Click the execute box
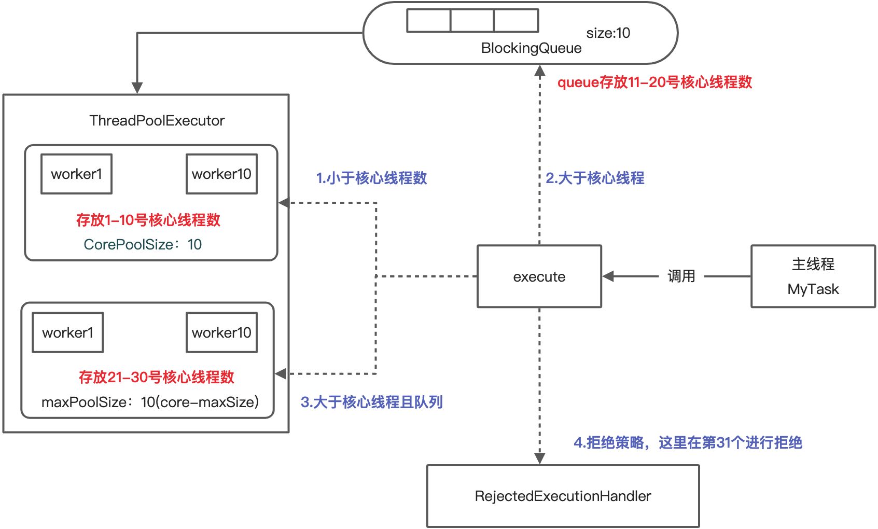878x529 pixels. click(539, 276)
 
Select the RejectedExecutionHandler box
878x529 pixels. click(563, 496)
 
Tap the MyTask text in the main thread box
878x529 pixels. click(813, 289)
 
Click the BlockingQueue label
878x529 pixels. click(531, 48)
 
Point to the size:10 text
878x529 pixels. click(608, 33)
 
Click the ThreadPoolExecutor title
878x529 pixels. click(157, 120)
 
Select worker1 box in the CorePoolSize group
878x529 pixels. click(76, 174)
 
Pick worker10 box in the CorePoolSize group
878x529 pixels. click(221, 174)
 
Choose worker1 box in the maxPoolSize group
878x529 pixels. click(67, 332)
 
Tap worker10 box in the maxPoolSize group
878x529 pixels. click(221, 332)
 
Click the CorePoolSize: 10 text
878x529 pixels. click(143, 244)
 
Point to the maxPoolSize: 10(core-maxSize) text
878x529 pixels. click(150, 402)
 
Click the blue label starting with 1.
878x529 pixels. click(371, 178)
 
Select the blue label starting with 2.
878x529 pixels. click(595, 178)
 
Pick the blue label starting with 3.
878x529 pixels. click(371, 402)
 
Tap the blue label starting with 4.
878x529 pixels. click(688, 442)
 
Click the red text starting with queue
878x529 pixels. click(654, 82)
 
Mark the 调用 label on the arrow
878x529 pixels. click(681, 276)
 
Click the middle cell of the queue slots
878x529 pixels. click(472, 21)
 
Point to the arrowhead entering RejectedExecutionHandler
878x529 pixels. click(539, 458)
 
